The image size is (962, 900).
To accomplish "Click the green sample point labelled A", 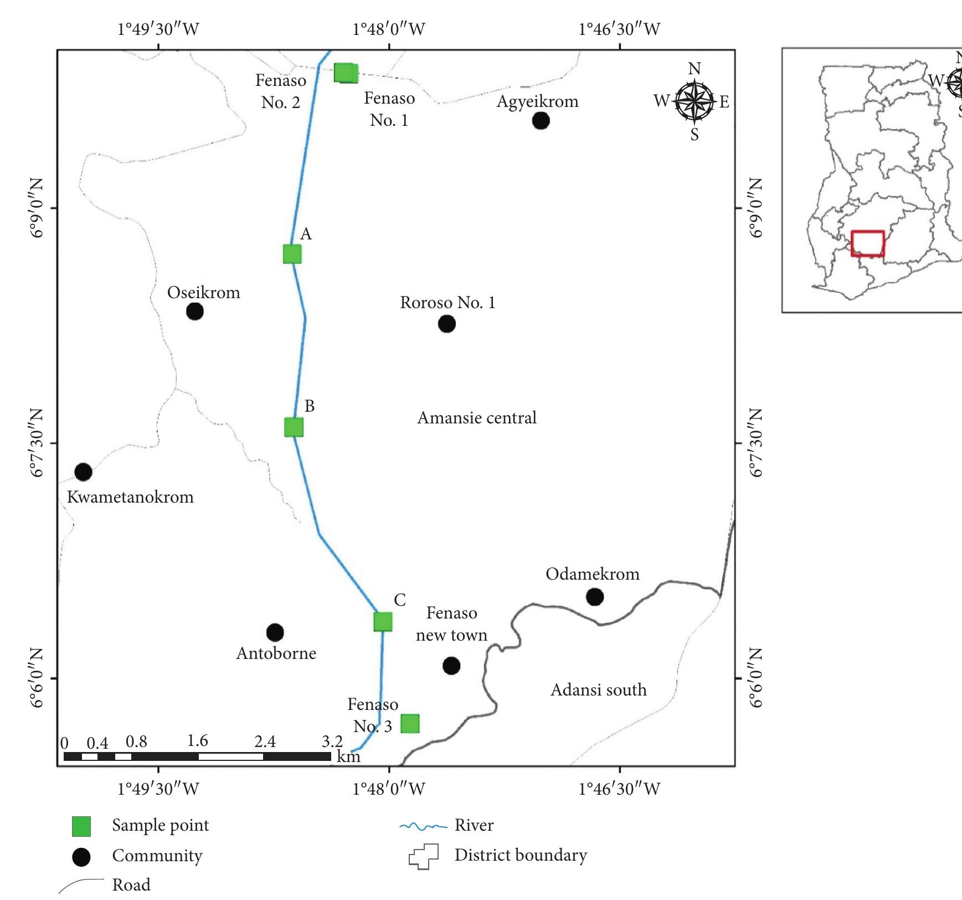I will [292, 254].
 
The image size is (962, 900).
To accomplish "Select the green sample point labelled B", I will [294, 427].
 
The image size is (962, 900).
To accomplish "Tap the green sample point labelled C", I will [383, 622].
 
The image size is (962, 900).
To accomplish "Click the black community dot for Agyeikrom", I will [541, 120].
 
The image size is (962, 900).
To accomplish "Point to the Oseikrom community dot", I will [194, 311].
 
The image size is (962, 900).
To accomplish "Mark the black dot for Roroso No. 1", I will [446, 324].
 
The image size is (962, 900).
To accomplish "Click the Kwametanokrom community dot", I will [83, 472].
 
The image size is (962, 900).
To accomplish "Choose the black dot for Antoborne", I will [275, 632].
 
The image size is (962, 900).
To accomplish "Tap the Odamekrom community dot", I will [594, 597].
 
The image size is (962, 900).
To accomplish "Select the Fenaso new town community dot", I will [451, 666].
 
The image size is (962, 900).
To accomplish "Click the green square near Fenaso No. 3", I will [410, 723].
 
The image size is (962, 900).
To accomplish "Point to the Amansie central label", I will [477, 417].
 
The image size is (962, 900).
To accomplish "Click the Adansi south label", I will [598, 689].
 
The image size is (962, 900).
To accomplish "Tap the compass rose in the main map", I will [694, 101].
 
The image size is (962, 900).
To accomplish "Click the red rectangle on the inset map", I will [867, 243].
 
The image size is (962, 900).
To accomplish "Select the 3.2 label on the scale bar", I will [332, 741].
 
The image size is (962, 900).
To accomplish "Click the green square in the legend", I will [81, 826].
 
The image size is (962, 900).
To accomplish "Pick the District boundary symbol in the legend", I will [424, 857].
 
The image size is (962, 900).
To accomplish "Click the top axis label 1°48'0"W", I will [389, 29].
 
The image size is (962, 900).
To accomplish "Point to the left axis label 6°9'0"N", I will [37, 208].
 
